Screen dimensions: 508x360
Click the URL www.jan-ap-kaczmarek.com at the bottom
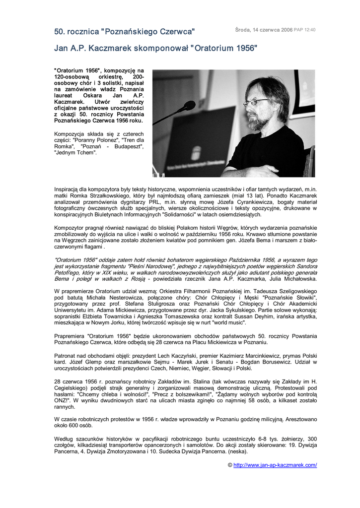tap(275, 465)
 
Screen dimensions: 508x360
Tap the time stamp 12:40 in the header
tap(310, 30)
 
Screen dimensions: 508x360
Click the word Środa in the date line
tap(243, 30)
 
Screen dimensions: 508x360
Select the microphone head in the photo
tap(188, 106)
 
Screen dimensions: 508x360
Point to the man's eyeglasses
tap(255, 102)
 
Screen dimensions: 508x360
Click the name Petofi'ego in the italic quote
tap(70, 272)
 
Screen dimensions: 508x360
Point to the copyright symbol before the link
tap(230, 465)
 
